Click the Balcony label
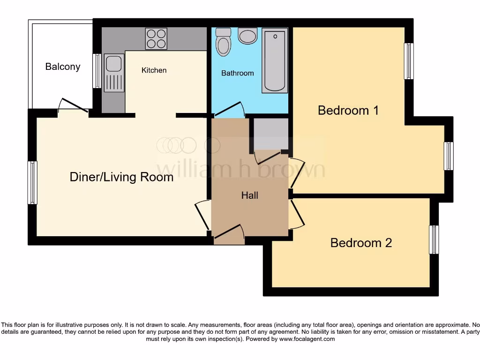(62, 67)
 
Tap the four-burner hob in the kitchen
(156, 39)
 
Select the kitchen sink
(113, 73)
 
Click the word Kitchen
(154, 70)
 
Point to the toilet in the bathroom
(223, 42)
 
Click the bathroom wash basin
(247, 36)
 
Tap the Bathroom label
(237, 73)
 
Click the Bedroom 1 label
(348, 110)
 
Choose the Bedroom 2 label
(361, 243)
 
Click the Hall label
(249, 195)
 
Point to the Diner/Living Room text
(121, 177)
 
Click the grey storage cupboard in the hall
(271, 134)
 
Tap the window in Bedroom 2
(435, 240)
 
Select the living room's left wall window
(32, 182)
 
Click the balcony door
(73, 107)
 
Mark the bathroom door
(230, 111)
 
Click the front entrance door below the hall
(229, 234)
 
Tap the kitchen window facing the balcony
(97, 71)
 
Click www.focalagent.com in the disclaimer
(307, 339)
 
